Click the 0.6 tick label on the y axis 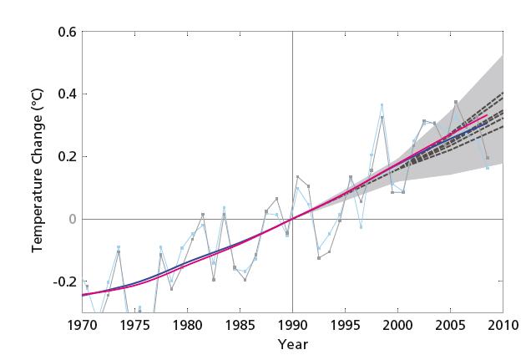point(67,32)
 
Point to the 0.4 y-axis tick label point(67,94)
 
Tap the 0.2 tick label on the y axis point(67,156)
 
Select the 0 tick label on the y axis point(72,219)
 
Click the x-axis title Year point(292,344)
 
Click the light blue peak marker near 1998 point(382,105)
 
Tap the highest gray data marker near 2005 point(455,102)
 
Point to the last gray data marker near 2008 point(487,158)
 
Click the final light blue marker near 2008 point(488,168)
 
